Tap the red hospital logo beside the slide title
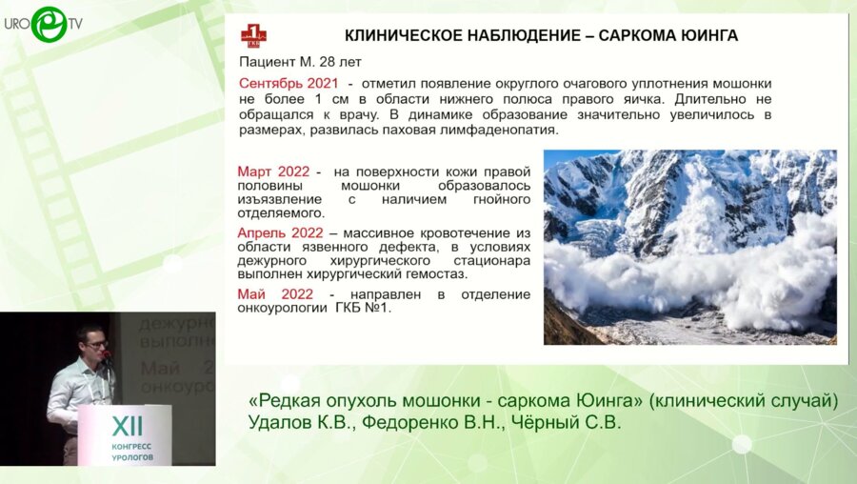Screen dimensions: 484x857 pos(254,37)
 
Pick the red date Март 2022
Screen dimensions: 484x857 pos(273,171)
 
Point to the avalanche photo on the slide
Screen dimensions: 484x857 pos(689,247)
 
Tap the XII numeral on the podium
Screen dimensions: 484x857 pos(128,424)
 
